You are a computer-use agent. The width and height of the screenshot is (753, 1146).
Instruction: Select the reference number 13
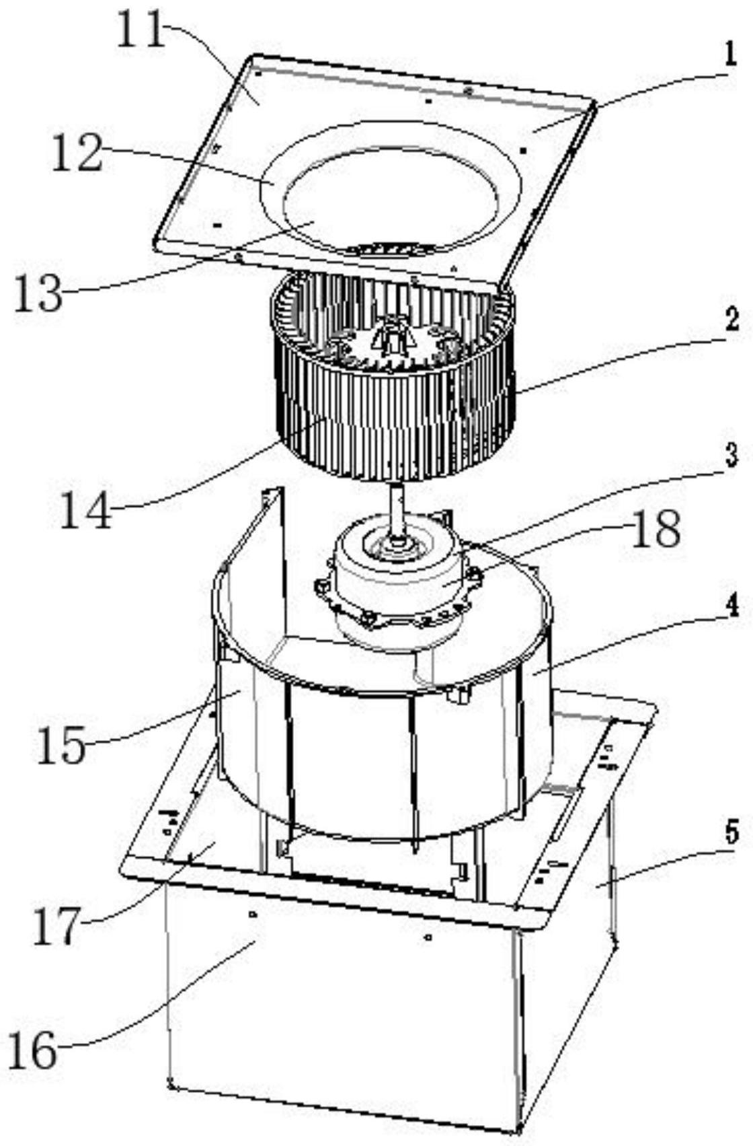tap(39, 291)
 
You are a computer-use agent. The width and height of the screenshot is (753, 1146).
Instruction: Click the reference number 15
tap(62, 744)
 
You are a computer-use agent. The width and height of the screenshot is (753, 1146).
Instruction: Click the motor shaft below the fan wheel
tap(397, 511)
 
